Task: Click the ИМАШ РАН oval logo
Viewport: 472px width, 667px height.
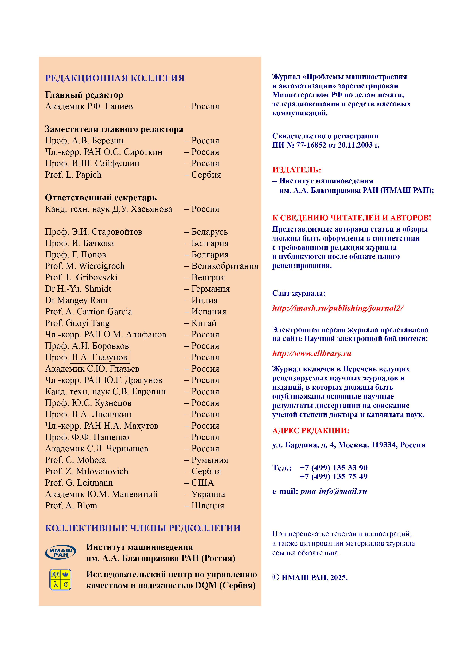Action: pos(60,552)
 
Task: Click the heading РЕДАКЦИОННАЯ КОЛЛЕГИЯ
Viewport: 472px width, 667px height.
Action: pos(115,78)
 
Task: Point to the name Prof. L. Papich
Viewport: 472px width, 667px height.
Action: pos(73,175)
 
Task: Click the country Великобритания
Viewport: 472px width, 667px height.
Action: pos(225,266)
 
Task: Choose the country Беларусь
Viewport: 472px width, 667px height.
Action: pos(209,232)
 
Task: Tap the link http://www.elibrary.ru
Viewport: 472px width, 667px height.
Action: pos(312,353)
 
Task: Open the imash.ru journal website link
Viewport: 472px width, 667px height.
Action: pos(338,308)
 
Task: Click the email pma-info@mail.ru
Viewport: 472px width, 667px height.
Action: pos(333,492)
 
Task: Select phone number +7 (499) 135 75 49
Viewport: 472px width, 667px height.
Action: pos(333,477)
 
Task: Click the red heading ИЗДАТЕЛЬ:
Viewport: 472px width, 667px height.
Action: pos(296,170)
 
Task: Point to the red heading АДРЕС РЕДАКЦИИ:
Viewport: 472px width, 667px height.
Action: pos(310,430)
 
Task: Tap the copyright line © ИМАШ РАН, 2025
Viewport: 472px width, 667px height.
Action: pos(310,577)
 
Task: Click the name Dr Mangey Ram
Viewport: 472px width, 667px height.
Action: pos(76,300)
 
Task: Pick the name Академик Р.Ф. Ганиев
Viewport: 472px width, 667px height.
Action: pos(89,106)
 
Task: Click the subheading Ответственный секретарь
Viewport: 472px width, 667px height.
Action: pos(101,198)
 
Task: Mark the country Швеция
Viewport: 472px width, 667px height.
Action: pos(208,506)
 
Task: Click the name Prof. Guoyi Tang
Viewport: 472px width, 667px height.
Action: pos(77,323)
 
